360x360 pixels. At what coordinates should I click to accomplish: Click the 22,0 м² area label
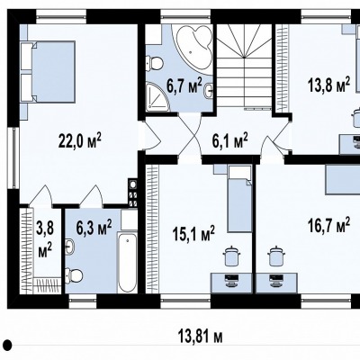pos(79,141)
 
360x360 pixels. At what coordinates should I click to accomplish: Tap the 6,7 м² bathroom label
pos(184,86)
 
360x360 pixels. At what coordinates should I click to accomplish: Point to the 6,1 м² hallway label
pos(229,140)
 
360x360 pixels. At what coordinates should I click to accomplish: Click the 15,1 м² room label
pos(193,233)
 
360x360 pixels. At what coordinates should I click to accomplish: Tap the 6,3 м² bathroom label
pos(94,227)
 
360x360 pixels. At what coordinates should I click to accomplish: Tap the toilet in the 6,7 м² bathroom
pos(155,62)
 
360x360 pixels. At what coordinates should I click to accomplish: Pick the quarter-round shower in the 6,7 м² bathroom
pos(157,96)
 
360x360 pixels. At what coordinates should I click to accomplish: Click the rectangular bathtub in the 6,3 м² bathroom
pos(128,262)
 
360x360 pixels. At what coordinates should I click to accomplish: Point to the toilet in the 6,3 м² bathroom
pos(74,274)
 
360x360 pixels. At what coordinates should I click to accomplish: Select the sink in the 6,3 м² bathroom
pos(70,247)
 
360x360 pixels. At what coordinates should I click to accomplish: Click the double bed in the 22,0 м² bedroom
pos(48,72)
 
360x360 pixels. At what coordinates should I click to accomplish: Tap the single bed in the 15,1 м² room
pos(239,199)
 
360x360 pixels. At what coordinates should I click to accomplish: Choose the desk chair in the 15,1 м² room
pos(230,256)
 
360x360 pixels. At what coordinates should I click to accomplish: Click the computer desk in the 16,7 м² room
pos(276,283)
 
